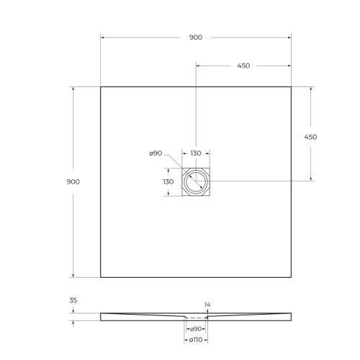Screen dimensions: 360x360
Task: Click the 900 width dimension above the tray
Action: pyautogui.click(x=196, y=37)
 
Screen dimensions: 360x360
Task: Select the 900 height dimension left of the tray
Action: pyautogui.click(x=73, y=181)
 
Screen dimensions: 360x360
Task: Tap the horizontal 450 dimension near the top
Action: pyautogui.click(x=243, y=66)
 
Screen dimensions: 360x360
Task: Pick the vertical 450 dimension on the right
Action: pyautogui.click(x=311, y=137)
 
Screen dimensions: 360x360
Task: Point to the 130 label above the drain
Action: pyautogui.click(x=195, y=153)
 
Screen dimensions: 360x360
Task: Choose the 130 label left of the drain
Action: pyautogui.click(x=168, y=181)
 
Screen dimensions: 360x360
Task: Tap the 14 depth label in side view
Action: pyautogui.click(x=207, y=305)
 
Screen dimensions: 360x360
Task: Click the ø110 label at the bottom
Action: pyautogui.click(x=195, y=340)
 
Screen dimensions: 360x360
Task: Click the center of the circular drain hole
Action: pyautogui.click(x=196, y=181)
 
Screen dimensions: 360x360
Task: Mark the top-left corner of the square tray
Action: pyautogui.click(x=100, y=87)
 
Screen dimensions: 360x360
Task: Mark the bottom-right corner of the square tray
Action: pyautogui.click(x=292, y=277)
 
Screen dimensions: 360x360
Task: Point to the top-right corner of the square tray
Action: pyautogui.click(x=292, y=87)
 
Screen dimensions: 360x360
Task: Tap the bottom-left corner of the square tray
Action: pyautogui.click(x=100, y=277)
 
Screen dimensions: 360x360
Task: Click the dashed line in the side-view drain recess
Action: pyautogui.click(x=196, y=318)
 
